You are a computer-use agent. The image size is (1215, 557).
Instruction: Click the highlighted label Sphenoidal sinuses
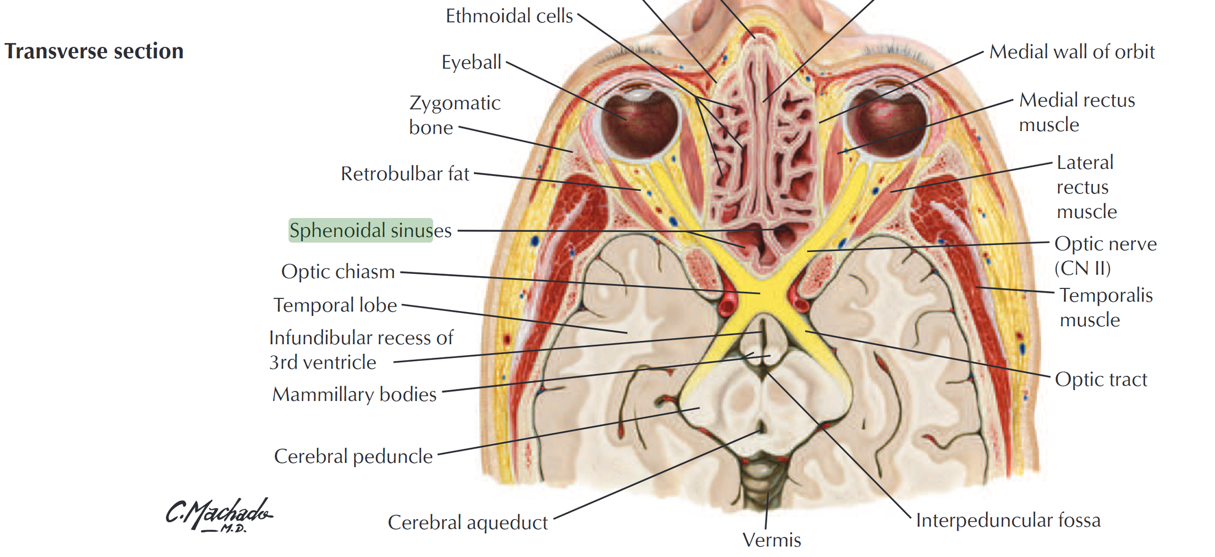[370, 230]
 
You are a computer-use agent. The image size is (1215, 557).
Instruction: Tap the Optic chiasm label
[338, 272]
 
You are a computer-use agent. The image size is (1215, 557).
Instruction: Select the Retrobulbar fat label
[405, 174]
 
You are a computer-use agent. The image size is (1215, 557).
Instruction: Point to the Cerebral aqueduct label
[468, 522]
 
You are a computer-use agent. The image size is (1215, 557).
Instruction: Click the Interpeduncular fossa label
[1008, 520]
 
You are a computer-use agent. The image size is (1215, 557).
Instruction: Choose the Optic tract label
[1101, 379]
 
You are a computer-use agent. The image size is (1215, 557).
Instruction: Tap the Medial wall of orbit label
[1072, 52]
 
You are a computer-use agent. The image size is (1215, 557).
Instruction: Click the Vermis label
[772, 540]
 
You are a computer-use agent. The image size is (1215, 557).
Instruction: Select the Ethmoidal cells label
[509, 16]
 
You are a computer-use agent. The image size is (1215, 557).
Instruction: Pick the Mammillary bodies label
[354, 394]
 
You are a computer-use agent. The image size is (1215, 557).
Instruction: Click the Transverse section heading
[94, 51]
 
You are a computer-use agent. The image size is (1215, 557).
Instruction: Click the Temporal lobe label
[335, 305]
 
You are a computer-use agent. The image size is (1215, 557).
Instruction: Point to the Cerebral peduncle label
[353, 456]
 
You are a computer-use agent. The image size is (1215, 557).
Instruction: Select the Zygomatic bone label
[455, 115]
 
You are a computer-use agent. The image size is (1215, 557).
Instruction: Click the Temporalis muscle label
[1106, 307]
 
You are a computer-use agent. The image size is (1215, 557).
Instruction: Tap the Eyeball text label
[471, 62]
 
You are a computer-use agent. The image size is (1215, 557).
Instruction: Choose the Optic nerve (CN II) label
[1106, 255]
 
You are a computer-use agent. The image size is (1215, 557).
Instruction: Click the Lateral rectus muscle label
[1086, 187]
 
